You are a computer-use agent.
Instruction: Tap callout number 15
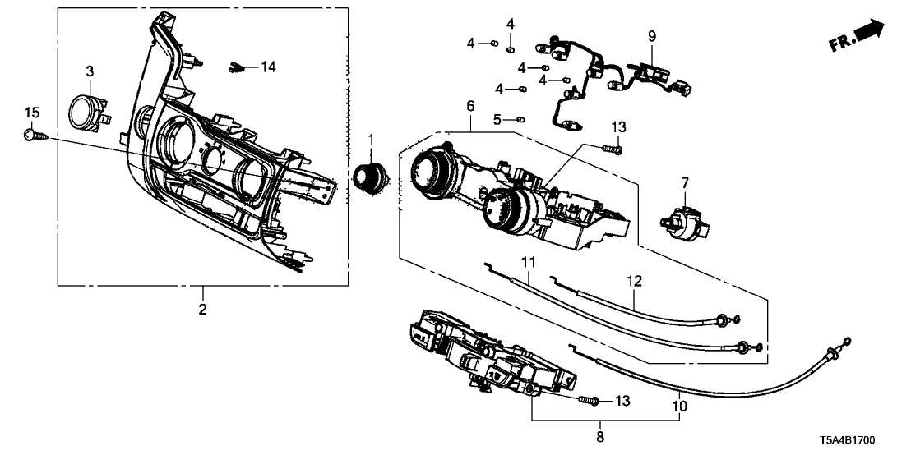pyautogui.click(x=31, y=112)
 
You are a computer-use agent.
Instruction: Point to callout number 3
pyautogui.click(x=90, y=72)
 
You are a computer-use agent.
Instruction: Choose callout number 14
pyautogui.click(x=270, y=66)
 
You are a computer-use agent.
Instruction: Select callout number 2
pyautogui.click(x=202, y=310)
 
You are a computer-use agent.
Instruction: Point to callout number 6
pyautogui.click(x=470, y=107)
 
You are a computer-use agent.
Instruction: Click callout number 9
pyautogui.click(x=652, y=36)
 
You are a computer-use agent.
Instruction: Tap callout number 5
pyautogui.click(x=497, y=119)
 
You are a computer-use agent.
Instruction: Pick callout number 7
pyautogui.click(x=684, y=182)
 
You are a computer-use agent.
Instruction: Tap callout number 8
pyautogui.click(x=599, y=437)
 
